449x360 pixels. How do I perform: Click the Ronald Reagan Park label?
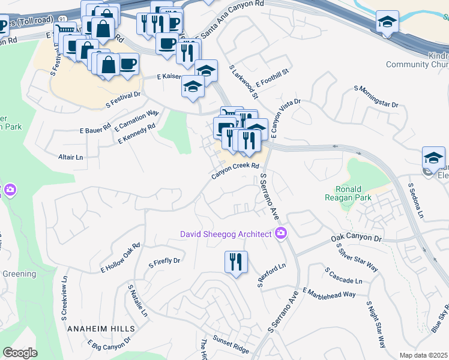(357, 193)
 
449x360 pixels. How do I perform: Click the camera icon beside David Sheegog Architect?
(280, 233)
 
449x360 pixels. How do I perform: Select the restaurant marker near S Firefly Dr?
(235, 262)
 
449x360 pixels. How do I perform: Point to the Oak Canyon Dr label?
(357, 239)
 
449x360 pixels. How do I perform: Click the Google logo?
(19, 353)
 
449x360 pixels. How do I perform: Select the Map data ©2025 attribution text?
(424, 355)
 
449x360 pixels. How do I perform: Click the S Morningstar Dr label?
(376, 96)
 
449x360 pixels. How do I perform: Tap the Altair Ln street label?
(70, 157)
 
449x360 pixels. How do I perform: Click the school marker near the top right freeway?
(387, 23)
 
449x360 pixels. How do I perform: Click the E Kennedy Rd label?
(137, 133)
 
